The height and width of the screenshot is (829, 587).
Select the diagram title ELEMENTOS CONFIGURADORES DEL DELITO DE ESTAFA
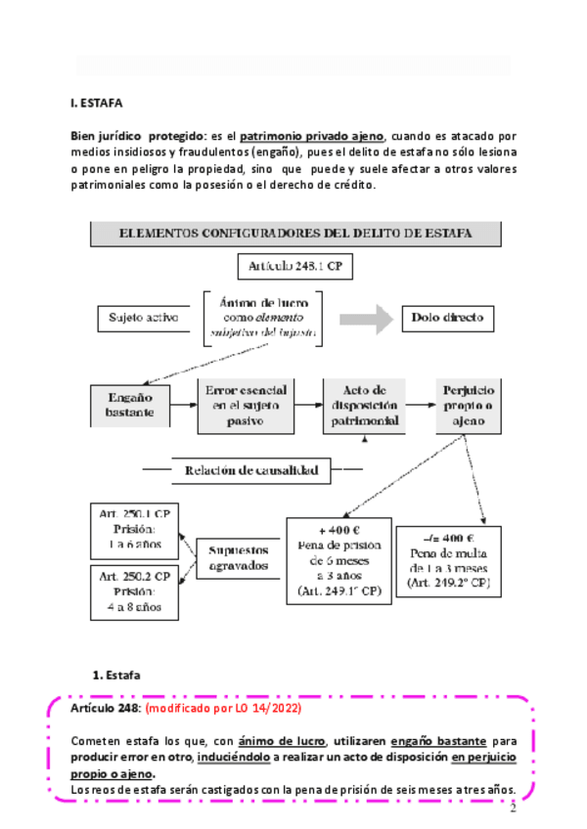[295, 234]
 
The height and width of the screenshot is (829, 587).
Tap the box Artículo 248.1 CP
[295, 266]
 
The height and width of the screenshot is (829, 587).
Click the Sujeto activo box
[138, 318]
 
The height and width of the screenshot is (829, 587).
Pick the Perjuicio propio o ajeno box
[472, 405]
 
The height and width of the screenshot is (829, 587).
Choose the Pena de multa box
[449, 561]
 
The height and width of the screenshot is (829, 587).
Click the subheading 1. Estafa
[116, 676]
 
